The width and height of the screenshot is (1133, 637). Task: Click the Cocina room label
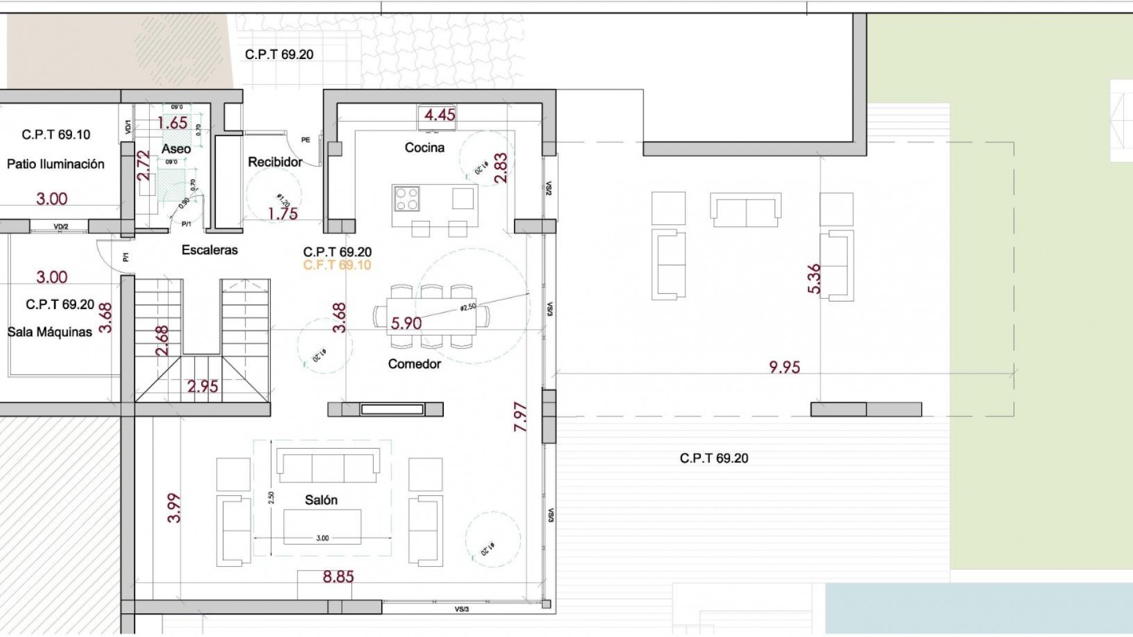coord(424,147)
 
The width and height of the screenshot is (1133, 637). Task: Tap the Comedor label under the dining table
coord(414,364)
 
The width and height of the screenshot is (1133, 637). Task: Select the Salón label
coord(321,500)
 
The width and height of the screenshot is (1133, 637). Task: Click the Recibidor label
coord(275,162)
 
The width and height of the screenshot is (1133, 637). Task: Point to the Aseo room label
coord(176,149)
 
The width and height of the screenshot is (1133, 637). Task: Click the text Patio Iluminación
coord(55,164)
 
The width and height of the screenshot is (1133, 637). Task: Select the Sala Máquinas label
coord(50,332)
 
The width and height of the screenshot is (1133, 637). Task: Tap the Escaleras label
coord(209,250)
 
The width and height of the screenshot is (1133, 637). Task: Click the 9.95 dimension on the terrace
coord(784,367)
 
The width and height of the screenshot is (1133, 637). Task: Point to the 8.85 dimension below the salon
coord(338,576)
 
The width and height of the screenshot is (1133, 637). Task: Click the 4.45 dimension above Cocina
coord(440,114)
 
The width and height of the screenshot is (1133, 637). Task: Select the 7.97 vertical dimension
coord(520,417)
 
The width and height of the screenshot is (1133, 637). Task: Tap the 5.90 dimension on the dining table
coord(407,323)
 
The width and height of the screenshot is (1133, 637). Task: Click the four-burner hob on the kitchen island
coord(407,198)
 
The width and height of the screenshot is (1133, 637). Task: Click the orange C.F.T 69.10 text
coord(337,265)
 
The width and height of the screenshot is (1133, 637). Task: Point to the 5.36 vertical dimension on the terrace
coord(813,278)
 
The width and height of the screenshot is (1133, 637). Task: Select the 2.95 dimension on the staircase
coord(202,386)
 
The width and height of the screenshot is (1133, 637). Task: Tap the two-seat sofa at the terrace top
coord(746,209)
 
